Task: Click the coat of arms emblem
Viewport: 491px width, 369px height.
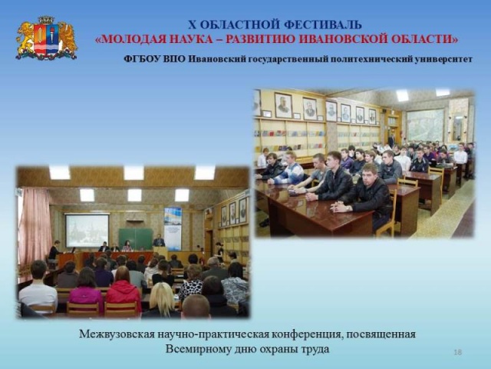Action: (x=46, y=38)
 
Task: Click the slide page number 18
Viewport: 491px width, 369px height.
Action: (x=457, y=352)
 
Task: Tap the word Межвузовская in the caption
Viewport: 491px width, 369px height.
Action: (x=117, y=334)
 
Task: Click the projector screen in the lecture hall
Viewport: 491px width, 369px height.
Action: (x=87, y=230)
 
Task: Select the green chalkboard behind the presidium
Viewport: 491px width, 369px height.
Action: (x=136, y=238)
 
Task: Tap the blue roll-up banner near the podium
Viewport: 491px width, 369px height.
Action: (x=173, y=228)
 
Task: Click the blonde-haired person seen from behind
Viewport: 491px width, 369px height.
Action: (x=161, y=301)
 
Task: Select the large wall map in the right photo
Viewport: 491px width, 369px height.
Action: (x=426, y=125)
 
